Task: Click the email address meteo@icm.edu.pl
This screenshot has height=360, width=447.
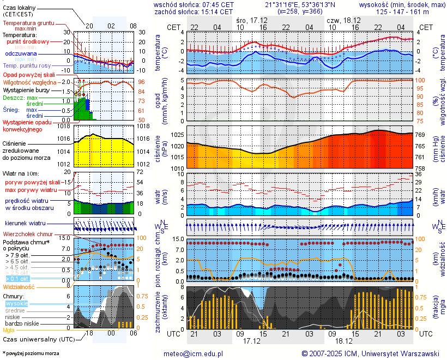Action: pyautogui.click(x=194, y=353)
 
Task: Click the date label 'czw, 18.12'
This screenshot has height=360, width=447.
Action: pyautogui.click(x=341, y=20)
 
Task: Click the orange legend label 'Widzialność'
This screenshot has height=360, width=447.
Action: pyautogui.click(x=19, y=286)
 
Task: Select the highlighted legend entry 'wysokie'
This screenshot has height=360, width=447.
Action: pyautogui.click(x=16, y=303)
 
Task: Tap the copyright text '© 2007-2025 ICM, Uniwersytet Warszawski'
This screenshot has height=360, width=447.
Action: pyautogui.click(x=371, y=353)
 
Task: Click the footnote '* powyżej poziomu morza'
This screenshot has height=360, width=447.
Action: pyautogui.click(x=31, y=353)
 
